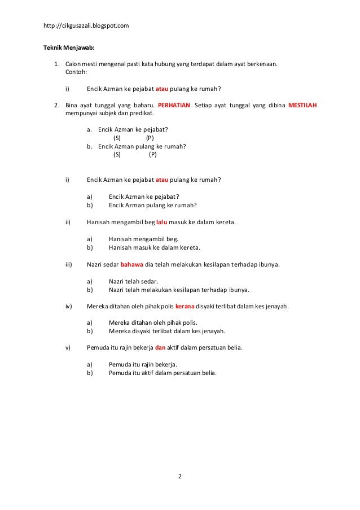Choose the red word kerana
coord(185,306)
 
